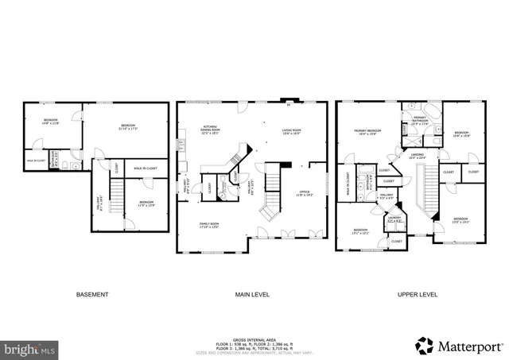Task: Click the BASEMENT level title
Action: [x=92, y=295]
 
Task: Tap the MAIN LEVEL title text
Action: [x=251, y=295]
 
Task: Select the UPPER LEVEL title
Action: [x=418, y=295]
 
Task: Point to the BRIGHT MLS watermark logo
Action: [x=30, y=348]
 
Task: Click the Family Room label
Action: [x=208, y=226]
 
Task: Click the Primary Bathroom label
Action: [x=420, y=122]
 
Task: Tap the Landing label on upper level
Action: [x=417, y=156]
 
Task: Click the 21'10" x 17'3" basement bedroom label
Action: [x=129, y=126]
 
